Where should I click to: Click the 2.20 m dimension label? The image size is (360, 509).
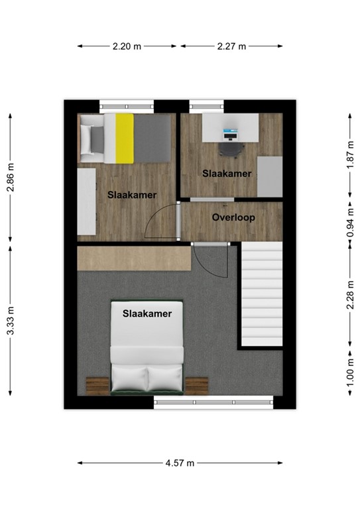tap(127, 46)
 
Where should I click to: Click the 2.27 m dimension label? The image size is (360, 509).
tap(231, 46)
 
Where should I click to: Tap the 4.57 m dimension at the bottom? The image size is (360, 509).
tap(180, 463)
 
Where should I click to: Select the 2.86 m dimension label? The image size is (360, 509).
tap(9, 177)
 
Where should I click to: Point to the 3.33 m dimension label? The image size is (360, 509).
tap(9, 320)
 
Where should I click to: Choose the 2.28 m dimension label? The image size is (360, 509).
tap(350, 294)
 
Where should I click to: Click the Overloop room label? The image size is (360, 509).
tap(233, 217)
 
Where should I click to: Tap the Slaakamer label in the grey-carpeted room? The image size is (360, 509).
tap(147, 313)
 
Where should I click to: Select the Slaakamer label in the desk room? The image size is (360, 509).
tap(227, 174)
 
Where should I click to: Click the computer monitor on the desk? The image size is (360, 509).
tap(230, 135)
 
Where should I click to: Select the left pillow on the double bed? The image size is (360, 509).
tap(130, 379)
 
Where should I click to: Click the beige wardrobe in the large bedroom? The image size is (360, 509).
tap(133, 257)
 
